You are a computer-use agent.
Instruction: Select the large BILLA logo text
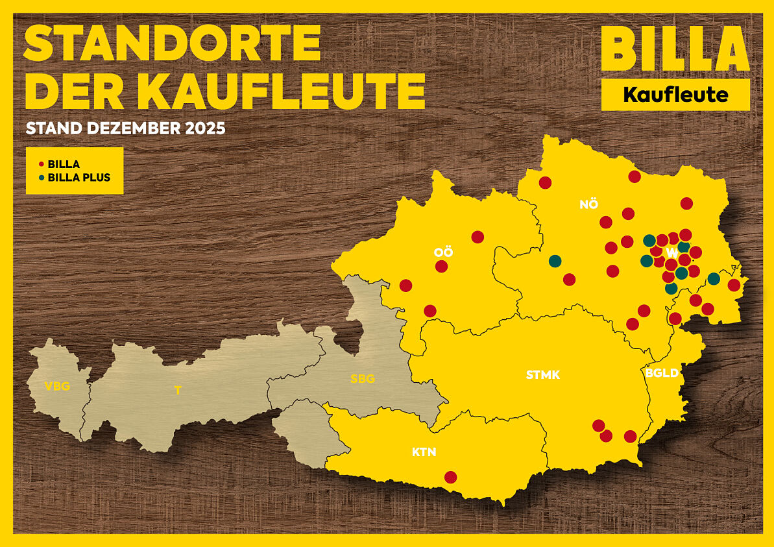click(675, 49)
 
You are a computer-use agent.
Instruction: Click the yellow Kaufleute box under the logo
click(675, 95)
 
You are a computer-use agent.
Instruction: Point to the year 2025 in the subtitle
click(204, 128)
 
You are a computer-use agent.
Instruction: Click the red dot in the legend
click(42, 165)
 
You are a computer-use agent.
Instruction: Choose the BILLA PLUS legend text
click(79, 177)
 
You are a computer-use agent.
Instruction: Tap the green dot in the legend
click(42, 177)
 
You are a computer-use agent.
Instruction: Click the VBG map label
click(57, 387)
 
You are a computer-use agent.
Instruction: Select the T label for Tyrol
click(177, 391)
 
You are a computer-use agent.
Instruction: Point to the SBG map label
click(362, 379)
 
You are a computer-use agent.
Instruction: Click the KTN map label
click(424, 452)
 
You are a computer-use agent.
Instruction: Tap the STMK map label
click(542, 374)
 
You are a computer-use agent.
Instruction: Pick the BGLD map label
click(662, 373)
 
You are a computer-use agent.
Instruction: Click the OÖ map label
click(443, 252)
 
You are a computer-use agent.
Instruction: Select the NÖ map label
click(588, 204)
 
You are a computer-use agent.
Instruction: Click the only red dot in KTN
click(450, 478)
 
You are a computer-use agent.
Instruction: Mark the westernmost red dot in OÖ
click(405, 286)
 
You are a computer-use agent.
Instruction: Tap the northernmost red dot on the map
click(635, 176)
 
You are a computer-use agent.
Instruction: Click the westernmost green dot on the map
click(555, 261)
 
